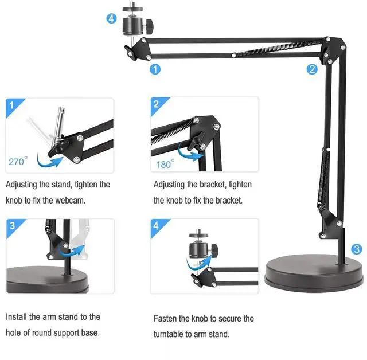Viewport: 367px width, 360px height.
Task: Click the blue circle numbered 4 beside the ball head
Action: tap(112, 18)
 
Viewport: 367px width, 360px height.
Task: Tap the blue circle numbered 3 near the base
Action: tap(357, 249)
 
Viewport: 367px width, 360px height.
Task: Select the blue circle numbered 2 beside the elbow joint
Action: tap(312, 69)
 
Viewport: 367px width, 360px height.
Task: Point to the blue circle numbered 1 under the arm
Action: tap(155, 69)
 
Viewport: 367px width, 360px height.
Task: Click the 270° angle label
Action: tap(17, 162)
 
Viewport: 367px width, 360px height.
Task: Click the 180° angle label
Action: tap(165, 165)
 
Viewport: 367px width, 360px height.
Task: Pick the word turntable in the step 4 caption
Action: tap(171, 334)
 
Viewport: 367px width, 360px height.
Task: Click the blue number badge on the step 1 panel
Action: tap(13, 105)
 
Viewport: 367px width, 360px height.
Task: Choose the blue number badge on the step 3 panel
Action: tap(13, 226)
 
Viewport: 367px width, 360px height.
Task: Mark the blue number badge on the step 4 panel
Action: tap(156, 226)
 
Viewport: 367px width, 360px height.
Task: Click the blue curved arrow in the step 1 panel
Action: tap(49, 161)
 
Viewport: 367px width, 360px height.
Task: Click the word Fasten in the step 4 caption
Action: tap(167, 318)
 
